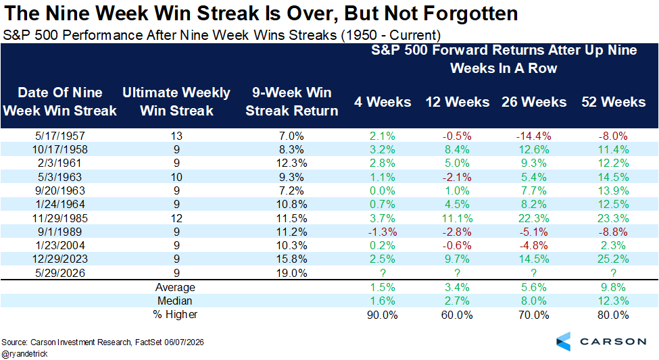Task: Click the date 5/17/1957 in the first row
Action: coord(59,136)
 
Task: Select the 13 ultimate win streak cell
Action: coord(176,136)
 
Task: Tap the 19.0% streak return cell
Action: coord(292,273)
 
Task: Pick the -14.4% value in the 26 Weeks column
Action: coord(534,136)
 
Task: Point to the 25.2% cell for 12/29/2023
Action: coord(613,259)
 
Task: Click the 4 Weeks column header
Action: coord(383,102)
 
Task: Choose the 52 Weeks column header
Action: coord(613,102)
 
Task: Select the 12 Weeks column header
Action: coord(458,102)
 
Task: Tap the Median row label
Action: coord(175,301)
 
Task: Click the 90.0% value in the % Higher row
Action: coord(383,315)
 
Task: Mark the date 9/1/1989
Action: coord(59,232)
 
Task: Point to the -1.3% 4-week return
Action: coord(383,232)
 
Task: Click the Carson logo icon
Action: coord(564,341)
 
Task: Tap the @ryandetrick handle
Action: coord(24,354)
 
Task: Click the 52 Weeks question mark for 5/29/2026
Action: coord(613,273)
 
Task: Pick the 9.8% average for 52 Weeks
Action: coord(613,287)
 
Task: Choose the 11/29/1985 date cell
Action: coord(59,218)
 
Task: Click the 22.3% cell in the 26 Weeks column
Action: coord(534,218)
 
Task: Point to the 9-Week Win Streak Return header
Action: coord(292,102)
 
